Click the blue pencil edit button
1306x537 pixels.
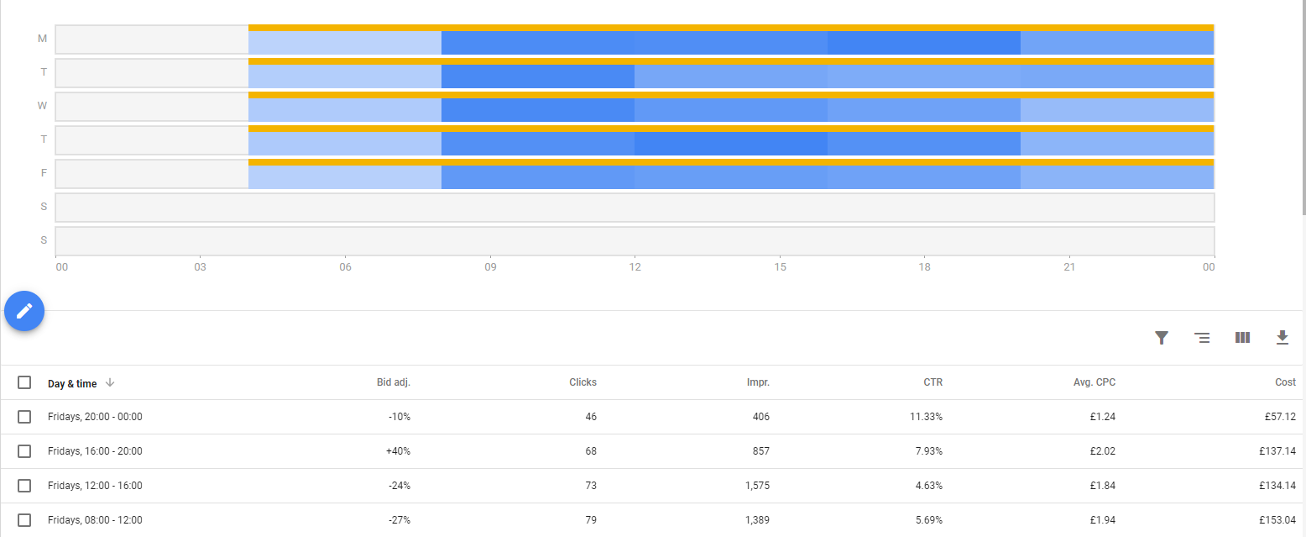24,311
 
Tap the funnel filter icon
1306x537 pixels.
1162,338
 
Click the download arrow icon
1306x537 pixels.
1282,338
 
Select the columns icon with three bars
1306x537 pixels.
1242,338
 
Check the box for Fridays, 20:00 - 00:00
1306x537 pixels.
24,417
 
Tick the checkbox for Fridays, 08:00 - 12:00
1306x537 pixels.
24,520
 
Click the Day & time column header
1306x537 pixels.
72,383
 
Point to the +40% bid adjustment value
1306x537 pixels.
398,451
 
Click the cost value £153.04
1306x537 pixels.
1277,520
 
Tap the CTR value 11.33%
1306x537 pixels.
927,417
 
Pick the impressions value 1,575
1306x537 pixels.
756,486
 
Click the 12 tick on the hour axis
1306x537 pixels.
635,267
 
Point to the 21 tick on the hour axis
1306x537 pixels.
1069,267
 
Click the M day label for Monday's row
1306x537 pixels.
42,39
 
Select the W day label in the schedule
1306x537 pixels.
43,106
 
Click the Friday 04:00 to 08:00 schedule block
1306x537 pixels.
345,176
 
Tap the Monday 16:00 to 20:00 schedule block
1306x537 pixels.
924,43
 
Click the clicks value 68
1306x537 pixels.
591,451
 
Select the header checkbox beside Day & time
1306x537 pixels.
24,382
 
